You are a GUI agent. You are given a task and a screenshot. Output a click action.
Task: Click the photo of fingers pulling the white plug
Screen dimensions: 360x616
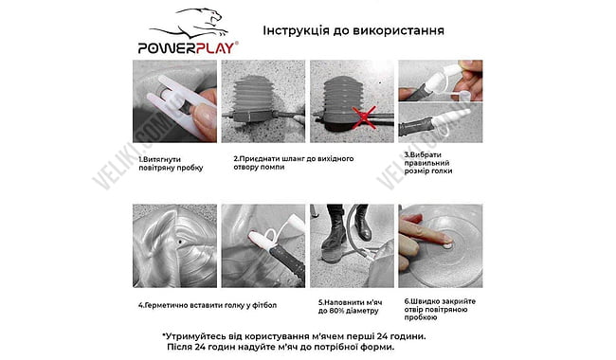click(x=172, y=100)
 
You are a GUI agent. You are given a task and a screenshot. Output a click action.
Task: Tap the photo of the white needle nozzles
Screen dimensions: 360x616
click(x=433, y=100)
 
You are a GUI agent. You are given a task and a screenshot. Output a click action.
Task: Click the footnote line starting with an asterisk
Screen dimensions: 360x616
click(x=294, y=335)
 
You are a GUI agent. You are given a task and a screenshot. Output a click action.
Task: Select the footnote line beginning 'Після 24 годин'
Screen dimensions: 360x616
click(x=294, y=348)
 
